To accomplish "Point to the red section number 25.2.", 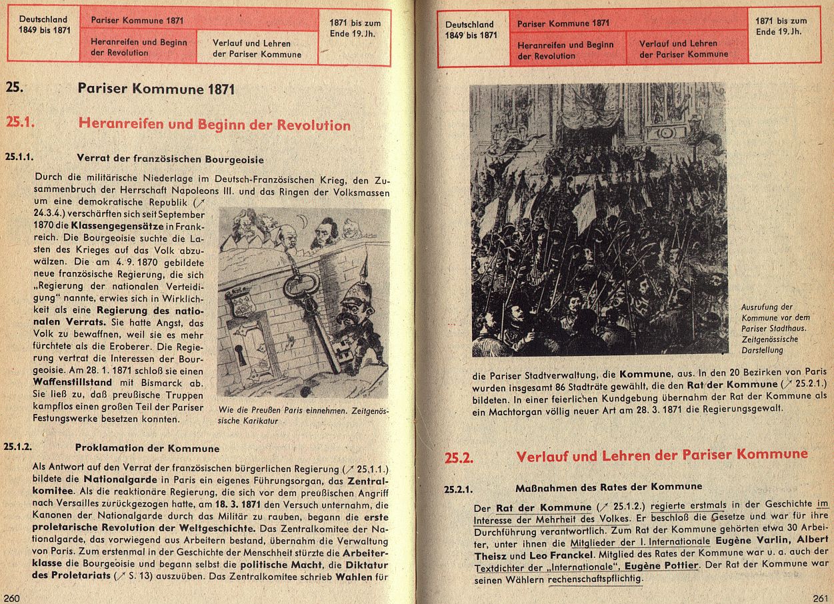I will (x=459, y=457).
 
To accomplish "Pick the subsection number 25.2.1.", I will (x=459, y=489).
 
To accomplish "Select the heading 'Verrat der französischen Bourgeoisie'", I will (x=170, y=160).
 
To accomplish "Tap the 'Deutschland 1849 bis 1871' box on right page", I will (x=472, y=30).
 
